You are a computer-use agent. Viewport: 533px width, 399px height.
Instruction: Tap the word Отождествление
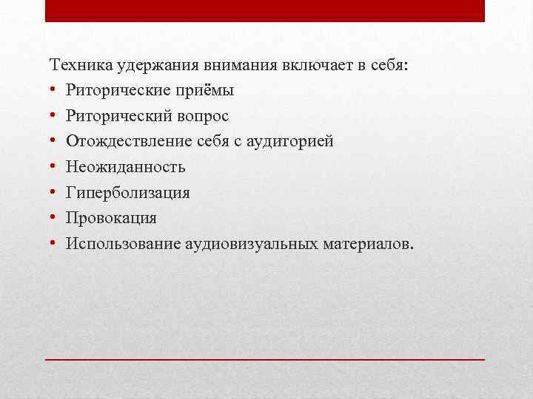126,142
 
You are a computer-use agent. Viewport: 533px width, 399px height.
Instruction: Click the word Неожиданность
125,168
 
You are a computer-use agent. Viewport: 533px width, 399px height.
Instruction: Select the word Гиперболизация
127,193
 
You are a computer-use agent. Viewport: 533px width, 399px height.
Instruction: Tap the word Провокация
110,219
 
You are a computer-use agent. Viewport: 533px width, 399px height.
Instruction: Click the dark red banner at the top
265,10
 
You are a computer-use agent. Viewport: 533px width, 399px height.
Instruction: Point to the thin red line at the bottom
265,358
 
